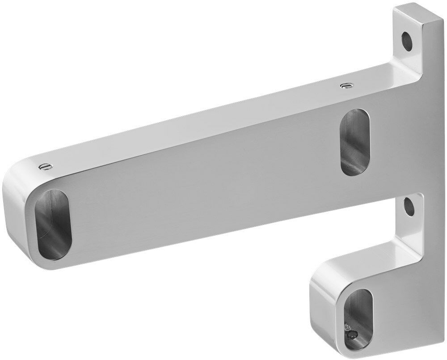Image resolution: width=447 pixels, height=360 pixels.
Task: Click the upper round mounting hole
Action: click(x=407, y=40)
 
